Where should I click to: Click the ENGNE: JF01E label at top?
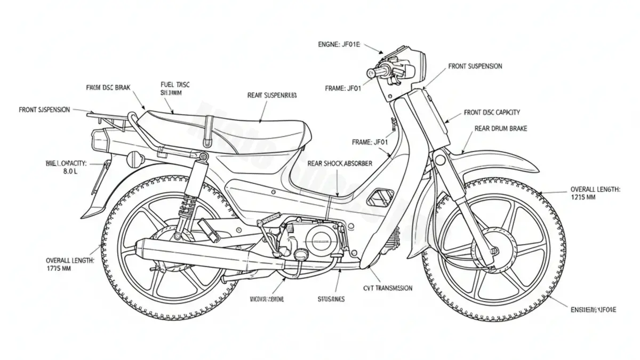[x=335, y=45]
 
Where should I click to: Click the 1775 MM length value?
[x=60, y=269]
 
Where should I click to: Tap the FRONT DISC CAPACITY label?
[x=492, y=113]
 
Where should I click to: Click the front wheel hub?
[x=495, y=250]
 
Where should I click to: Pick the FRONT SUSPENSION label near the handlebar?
[x=475, y=66]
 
